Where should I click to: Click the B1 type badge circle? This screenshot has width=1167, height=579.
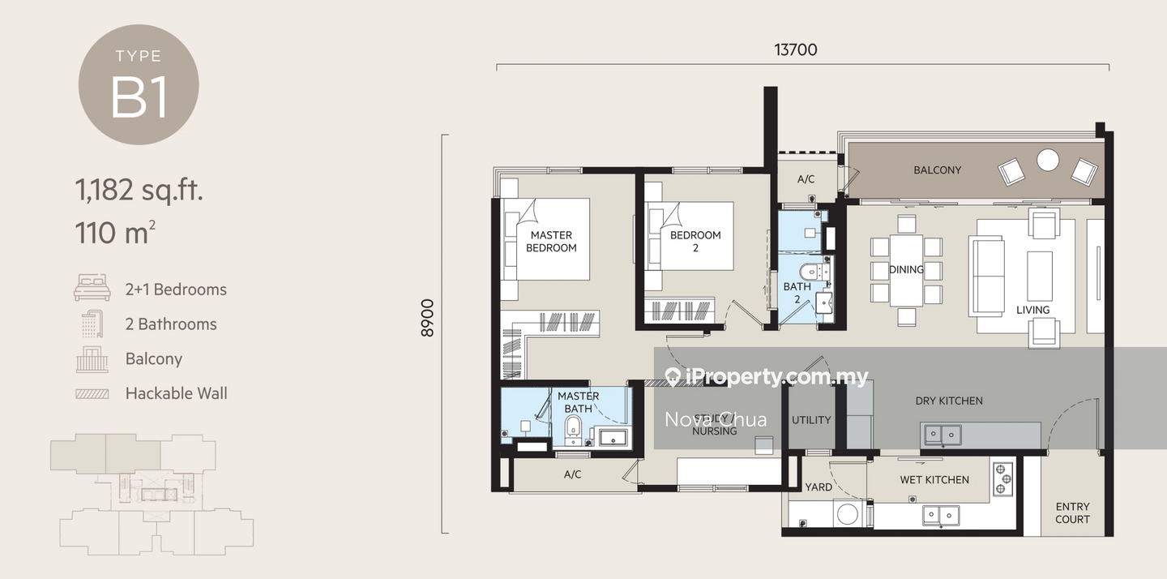[139, 84]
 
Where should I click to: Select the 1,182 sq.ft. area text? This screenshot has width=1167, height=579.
[139, 191]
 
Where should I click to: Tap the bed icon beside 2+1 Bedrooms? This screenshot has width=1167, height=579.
[92, 289]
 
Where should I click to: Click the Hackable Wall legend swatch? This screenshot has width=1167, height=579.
[92, 394]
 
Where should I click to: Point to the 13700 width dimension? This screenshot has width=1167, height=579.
[795, 50]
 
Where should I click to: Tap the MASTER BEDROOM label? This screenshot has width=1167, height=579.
[551, 242]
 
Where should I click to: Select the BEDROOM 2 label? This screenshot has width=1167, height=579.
[695, 242]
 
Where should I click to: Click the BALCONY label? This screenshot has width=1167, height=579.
[937, 170]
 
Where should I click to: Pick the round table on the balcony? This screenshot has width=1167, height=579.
[1048, 160]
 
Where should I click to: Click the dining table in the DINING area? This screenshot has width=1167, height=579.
[906, 270]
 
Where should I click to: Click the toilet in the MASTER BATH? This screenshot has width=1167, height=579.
[573, 429]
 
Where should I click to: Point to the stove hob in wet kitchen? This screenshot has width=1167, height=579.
[1002, 478]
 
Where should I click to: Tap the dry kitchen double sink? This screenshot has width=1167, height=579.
[941, 435]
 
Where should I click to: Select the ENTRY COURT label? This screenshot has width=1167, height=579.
[1072, 513]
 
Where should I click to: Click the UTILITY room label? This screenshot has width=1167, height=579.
[811, 420]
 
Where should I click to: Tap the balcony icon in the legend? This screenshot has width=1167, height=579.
[92, 358]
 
